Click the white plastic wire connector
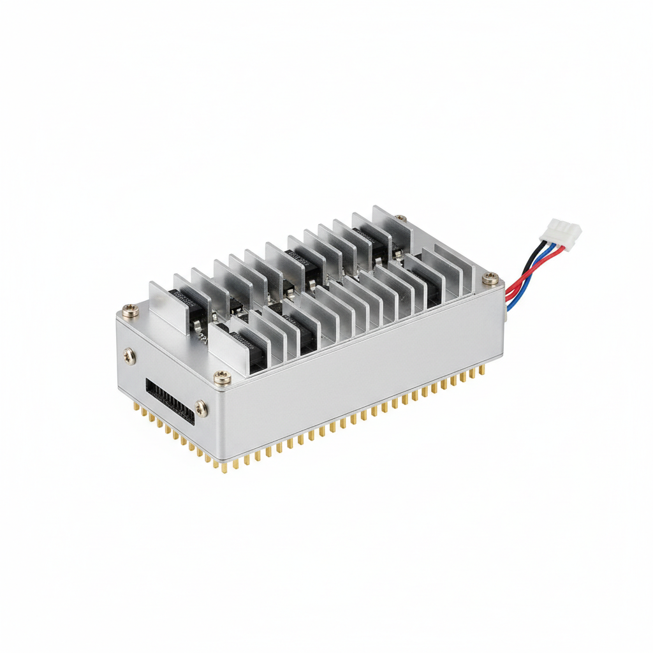point(560,230)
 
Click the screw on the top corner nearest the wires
point(489,277)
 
